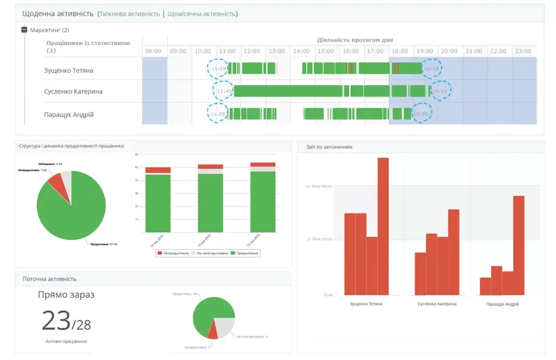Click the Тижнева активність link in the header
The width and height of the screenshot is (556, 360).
click(130, 14)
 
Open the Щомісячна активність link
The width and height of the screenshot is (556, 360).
click(201, 14)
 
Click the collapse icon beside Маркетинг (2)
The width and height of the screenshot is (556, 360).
click(24, 30)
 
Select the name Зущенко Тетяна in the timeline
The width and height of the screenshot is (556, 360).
click(68, 70)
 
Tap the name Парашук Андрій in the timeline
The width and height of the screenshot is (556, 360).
click(69, 115)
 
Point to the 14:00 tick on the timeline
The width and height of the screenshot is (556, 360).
click(301, 51)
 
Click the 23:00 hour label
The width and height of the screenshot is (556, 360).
click(523, 51)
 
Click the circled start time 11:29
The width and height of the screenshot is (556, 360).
click(218, 68)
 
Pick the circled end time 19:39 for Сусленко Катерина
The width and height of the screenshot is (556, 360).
click(440, 91)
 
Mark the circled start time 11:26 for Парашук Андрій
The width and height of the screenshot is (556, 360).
click(218, 114)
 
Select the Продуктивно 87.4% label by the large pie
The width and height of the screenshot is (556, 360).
click(104, 244)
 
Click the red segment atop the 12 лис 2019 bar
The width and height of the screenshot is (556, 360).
click(158, 170)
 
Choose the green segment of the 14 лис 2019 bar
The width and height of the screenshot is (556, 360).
click(263, 201)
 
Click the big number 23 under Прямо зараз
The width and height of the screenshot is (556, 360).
click(56, 321)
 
